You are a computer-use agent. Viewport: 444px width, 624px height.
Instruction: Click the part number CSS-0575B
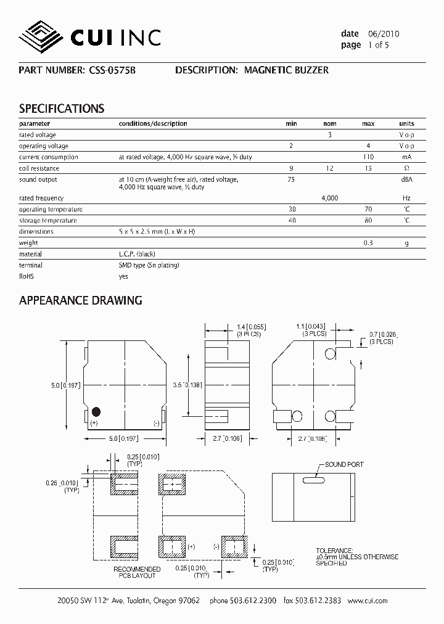pos(110,70)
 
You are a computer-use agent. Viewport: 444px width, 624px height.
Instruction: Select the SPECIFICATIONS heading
pos(62,109)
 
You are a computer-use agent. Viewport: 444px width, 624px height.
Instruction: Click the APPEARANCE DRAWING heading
pos(81,300)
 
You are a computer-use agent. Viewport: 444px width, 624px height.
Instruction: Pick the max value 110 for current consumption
pos(368,157)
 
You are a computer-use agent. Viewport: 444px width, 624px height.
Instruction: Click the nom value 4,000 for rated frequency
pos(329,198)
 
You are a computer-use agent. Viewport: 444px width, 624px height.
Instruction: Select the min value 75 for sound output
pos(291,179)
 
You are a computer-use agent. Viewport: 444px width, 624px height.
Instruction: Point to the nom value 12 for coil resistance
pos(329,168)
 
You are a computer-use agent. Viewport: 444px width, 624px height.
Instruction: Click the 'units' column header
pos(406,123)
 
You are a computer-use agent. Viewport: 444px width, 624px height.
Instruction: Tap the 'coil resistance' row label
pos(39,168)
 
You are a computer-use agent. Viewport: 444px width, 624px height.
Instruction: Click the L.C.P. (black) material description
pos(138,254)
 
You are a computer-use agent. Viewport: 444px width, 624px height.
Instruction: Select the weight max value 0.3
pos(368,243)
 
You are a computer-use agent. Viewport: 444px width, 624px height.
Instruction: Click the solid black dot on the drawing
pos(96,411)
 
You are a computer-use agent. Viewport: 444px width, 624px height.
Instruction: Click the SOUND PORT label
pos(344,464)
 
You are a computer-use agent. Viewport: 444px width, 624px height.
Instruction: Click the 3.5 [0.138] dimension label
pos(187,384)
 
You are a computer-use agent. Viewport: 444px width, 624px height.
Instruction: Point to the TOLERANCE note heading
pos(334,550)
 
